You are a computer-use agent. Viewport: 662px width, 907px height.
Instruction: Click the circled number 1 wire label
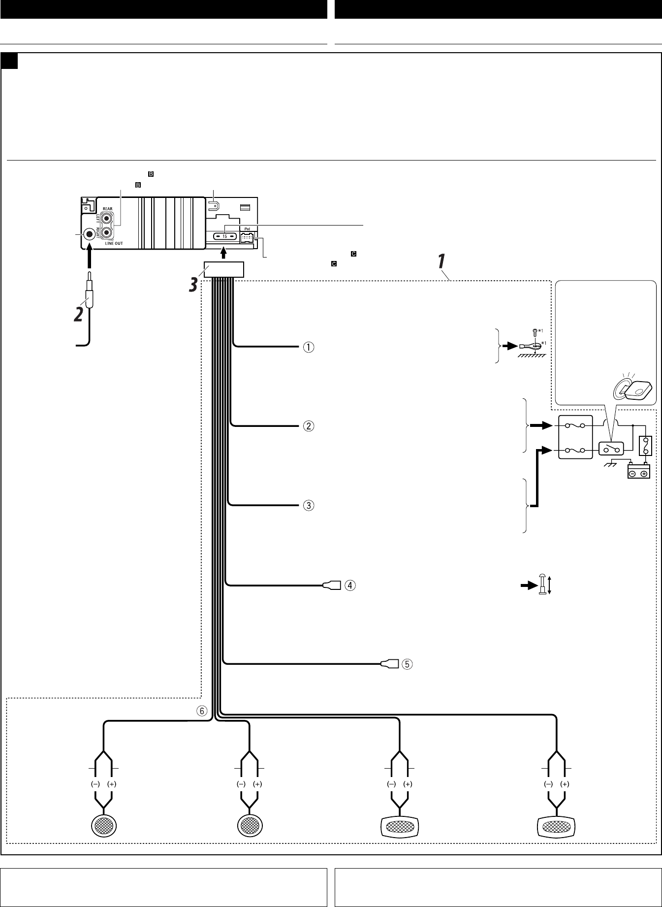tap(308, 347)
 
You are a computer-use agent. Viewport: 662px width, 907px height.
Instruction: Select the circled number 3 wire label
tap(308, 505)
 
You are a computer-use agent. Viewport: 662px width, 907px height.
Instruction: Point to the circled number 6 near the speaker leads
tap(203, 711)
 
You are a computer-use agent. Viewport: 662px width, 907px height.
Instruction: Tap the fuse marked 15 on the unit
tap(224, 236)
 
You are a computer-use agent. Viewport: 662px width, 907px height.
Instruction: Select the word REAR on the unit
tap(107, 209)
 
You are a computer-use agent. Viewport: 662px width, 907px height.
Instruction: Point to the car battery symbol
tap(638, 471)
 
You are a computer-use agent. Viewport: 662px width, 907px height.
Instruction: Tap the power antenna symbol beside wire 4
tap(542, 585)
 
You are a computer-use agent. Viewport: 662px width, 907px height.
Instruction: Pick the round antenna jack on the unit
tap(90, 234)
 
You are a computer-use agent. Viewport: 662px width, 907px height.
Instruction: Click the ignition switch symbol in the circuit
tap(611, 449)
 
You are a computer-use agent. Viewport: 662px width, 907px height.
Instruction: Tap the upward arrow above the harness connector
tap(224, 253)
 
